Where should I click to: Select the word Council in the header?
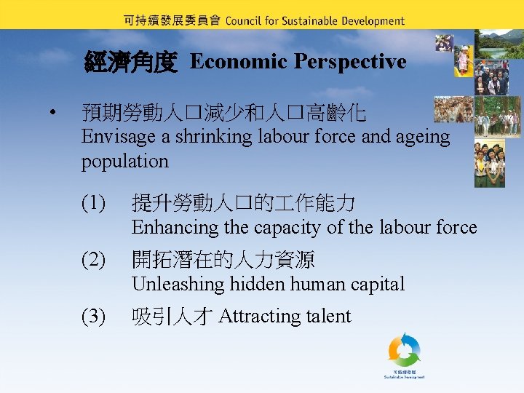pos(248,21)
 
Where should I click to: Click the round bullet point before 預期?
pos(52,114)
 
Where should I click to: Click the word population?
pos(124,161)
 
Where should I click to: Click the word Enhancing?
pos(175,228)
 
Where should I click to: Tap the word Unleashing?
pos(177,285)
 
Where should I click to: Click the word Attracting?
pos(253,317)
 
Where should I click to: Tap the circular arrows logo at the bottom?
pos(404,350)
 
